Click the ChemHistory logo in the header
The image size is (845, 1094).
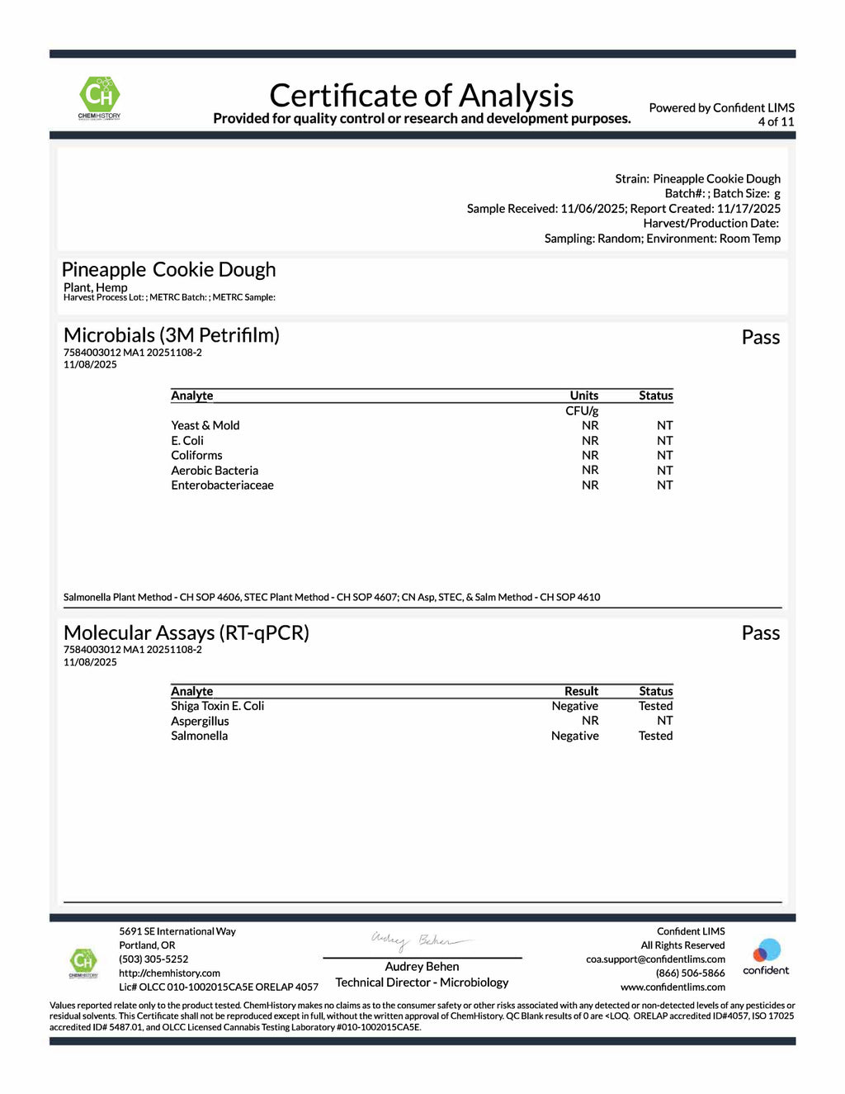click(99, 97)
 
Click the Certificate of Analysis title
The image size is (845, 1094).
click(421, 96)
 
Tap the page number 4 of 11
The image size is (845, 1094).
click(776, 121)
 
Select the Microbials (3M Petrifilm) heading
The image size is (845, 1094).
click(172, 335)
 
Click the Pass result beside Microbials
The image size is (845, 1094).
click(760, 337)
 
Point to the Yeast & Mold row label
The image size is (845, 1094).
click(205, 425)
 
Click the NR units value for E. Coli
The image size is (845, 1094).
click(590, 440)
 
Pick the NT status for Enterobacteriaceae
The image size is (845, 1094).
click(664, 485)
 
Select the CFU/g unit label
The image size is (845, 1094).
click(582, 410)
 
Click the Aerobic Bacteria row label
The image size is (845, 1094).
click(215, 470)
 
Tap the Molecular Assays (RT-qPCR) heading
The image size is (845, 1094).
click(186, 632)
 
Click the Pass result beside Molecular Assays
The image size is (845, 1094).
click(760, 633)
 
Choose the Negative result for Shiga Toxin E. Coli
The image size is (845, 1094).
click(575, 706)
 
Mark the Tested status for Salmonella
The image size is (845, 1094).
click(655, 736)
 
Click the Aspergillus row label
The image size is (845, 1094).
click(200, 721)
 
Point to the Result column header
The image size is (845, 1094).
click(581, 691)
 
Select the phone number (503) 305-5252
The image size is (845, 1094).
click(153, 959)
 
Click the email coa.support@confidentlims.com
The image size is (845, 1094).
click(655, 959)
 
